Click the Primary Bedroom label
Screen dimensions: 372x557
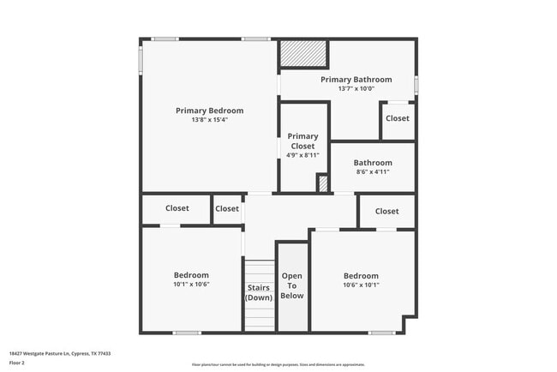(x=209, y=111)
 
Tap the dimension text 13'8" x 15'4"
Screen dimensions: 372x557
(x=209, y=120)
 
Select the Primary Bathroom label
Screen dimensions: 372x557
(x=356, y=80)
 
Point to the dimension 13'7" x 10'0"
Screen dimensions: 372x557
(x=356, y=88)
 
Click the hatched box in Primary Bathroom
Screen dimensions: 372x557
(x=305, y=54)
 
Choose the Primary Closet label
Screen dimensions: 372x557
(x=302, y=141)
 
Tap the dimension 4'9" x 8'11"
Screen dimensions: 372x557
(x=302, y=155)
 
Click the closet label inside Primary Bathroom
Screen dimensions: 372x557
(x=397, y=118)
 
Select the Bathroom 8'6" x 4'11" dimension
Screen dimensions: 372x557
(x=373, y=171)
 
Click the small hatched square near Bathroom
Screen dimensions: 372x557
(x=323, y=183)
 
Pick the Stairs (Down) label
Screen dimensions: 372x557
(x=259, y=292)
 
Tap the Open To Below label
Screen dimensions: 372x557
(x=292, y=285)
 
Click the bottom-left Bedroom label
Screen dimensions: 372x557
(x=191, y=275)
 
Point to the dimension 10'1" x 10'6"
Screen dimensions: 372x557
(x=191, y=285)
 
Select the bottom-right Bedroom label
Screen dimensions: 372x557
(x=361, y=276)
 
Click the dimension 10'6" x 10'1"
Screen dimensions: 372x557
(x=361, y=285)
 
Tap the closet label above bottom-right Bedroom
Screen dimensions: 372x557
(x=386, y=211)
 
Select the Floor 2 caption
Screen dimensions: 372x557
(x=17, y=363)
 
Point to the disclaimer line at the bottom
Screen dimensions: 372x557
(x=278, y=364)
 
